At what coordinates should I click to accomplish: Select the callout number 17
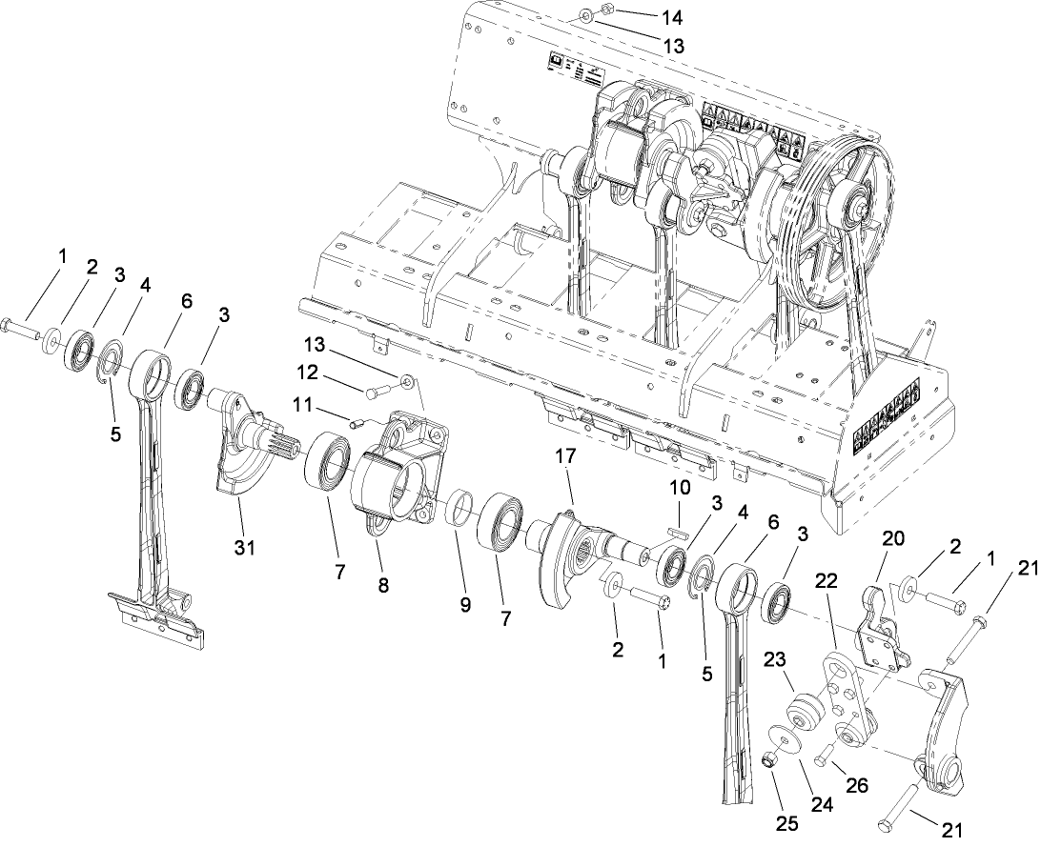566,457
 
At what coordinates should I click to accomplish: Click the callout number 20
892,537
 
